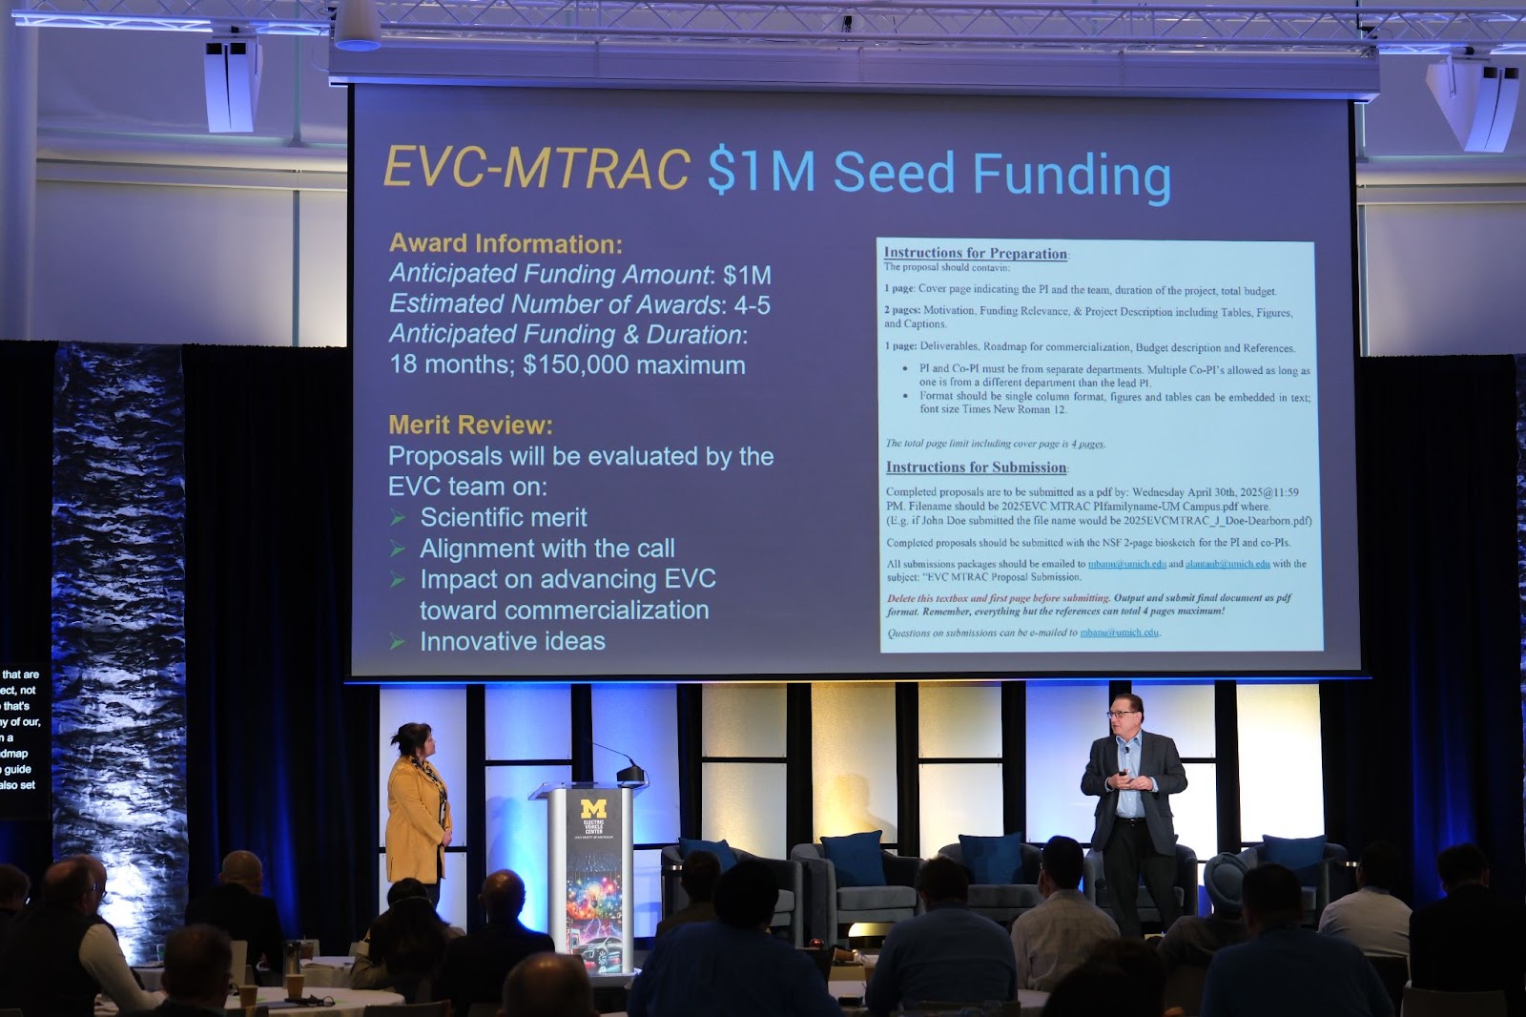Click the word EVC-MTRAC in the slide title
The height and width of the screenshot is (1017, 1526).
(x=536, y=170)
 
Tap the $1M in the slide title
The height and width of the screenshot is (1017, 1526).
(x=761, y=172)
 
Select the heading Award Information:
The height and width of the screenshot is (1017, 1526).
(x=505, y=244)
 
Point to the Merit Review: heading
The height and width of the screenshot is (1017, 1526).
(x=470, y=425)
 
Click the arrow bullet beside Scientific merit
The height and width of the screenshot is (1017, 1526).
(x=398, y=518)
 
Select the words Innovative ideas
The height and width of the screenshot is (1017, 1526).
(x=512, y=641)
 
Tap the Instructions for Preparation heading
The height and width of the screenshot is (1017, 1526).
(x=975, y=253)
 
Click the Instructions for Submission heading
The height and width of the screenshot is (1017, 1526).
(x=976, y=467)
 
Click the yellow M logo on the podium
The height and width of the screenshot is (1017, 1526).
(x=593, y=810)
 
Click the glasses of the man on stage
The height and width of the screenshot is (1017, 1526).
(x=1121, y=713)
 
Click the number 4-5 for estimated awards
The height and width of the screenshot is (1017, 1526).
(x=752, y=305)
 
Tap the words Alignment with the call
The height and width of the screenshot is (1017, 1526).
(x=546, y=549)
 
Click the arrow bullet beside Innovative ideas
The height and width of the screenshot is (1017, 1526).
(x=398, y=642)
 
